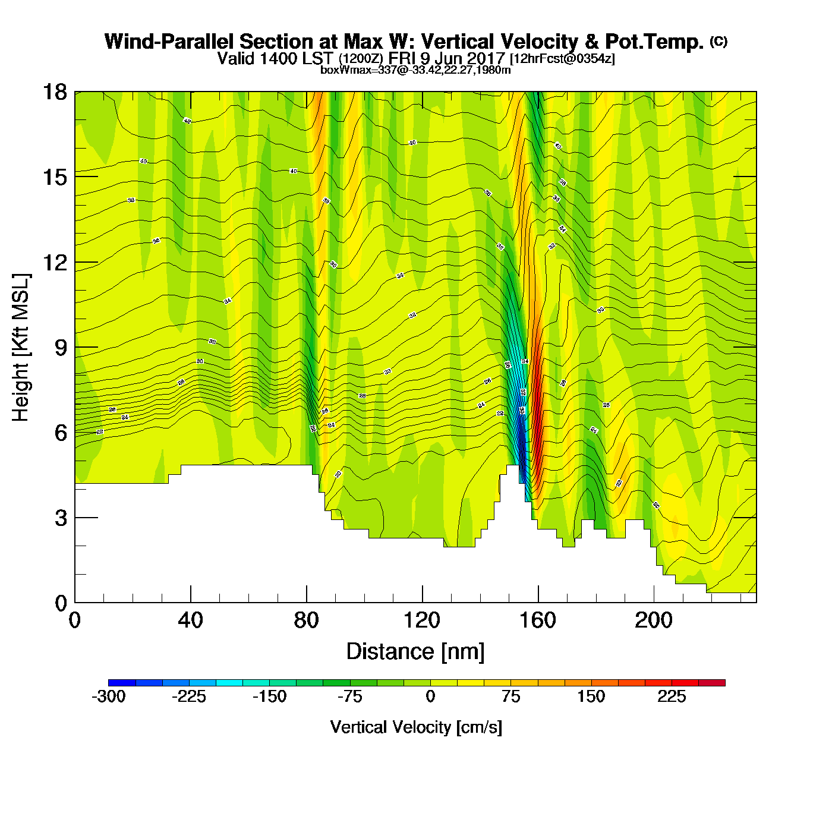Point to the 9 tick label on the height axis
click(x=61, y=348)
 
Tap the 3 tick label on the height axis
click(x=61, y=518)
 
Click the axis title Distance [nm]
click(x=415, y=652)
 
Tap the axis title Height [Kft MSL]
click(x=21, y=348)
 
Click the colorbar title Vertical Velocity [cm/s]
click(x=416, y=727)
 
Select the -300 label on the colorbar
click(x=109, y=697)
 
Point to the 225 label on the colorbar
click(x=672, y=697)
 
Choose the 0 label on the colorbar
click(x=430, y=697)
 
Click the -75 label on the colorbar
click(x=349, y=697)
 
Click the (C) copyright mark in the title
click(x=718, y=41)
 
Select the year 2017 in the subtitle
click(x=483, y=58)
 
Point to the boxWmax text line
click(x=415, y=70)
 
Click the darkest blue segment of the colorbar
click(x=122, y=682)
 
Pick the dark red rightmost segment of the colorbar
click(x=711, y=682)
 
